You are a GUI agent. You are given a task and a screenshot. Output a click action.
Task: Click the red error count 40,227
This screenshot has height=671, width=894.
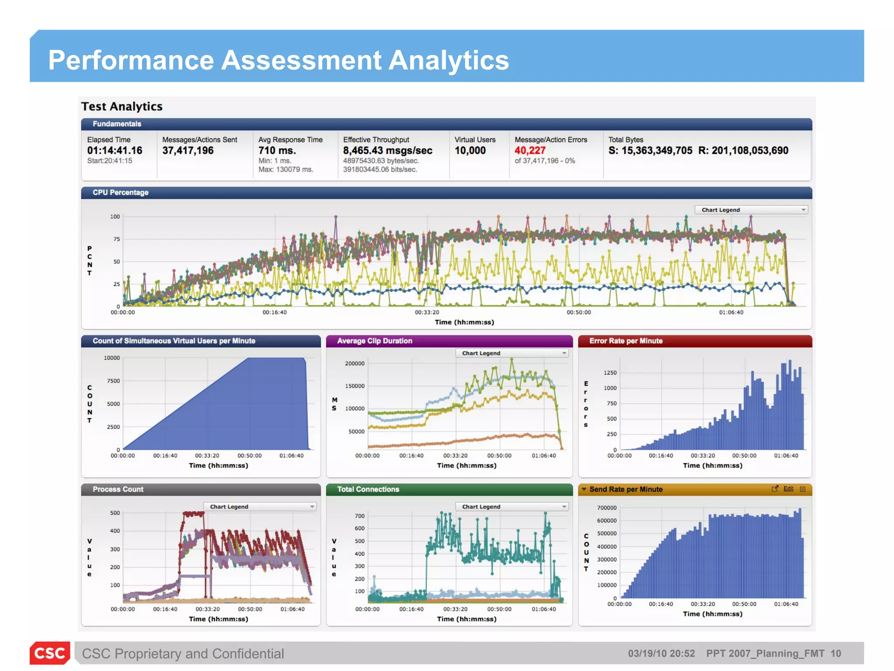tap(530, 151)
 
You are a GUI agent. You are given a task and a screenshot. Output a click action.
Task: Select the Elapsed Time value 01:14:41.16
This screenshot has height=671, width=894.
tap(114, 151)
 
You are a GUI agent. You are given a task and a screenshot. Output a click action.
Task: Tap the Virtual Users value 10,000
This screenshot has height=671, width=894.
tap(470, 151)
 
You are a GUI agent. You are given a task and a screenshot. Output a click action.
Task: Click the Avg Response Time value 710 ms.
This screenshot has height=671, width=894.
tap(277, 151)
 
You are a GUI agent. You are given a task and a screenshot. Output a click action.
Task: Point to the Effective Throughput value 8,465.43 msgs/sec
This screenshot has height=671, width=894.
tap(387, 151)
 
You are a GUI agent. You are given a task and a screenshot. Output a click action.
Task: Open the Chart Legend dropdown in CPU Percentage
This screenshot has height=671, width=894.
tap(751, 210)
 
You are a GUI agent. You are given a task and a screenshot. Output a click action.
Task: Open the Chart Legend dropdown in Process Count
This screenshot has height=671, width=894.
tap(260, 507)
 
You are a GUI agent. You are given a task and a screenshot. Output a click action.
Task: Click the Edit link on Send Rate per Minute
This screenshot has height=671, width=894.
tap(788, 489)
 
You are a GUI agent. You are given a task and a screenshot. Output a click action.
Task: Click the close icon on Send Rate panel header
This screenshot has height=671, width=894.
tap(802, 489)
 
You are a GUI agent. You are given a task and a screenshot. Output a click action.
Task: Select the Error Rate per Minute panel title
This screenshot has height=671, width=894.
tap(626, 341)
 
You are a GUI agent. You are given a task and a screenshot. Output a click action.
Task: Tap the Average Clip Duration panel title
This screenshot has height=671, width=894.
tap(374, 341)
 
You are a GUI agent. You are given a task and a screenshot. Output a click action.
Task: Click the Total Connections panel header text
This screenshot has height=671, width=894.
tap(368, 490)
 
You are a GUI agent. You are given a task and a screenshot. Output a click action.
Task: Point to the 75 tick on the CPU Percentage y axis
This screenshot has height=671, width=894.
tap(116, 239)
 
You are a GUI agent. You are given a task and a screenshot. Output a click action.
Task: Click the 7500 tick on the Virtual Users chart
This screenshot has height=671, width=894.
tap(113, 381)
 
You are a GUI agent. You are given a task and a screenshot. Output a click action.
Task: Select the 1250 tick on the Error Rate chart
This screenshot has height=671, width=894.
tap(610, 373)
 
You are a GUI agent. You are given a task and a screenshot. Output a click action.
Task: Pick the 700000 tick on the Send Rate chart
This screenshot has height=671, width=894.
tap(606, 508)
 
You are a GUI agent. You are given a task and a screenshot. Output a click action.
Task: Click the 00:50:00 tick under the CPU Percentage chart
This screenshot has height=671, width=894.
tap(578, 313)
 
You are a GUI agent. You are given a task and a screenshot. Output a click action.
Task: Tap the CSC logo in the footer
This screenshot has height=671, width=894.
tap(50, 653)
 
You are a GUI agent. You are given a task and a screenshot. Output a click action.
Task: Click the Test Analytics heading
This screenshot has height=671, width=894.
tap(122, 107)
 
